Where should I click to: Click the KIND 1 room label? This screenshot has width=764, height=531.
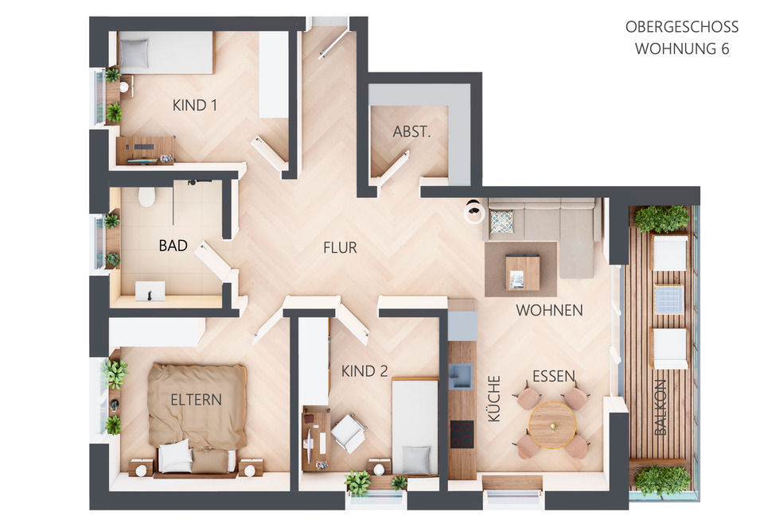pos(194,105)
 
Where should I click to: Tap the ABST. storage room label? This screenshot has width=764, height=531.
pos(411,131)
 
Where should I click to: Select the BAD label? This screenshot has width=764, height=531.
pos(173,246)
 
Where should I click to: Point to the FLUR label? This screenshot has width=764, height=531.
pos(340,248)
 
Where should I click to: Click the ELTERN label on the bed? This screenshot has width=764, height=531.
pos(196,400)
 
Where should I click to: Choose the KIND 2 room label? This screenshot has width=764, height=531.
pos(364,371)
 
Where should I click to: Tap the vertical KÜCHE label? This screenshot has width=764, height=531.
pos(493,398)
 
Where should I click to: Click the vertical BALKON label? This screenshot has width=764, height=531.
pos(660,407)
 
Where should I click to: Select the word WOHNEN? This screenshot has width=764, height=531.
pos(549,310)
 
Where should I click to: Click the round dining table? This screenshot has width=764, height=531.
pos(552,425)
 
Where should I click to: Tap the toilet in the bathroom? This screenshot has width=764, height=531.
pos(146,196)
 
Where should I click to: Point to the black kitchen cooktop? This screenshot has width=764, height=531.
pos(462,434)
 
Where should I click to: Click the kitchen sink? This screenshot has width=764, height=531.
pos(461,376)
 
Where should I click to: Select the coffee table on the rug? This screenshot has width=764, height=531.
pos(522,273)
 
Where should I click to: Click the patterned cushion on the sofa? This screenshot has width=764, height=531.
pos(501,222)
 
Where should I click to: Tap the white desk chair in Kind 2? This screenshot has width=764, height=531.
pos(349,432)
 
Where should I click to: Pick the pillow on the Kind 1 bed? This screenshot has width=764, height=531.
pos(134,53)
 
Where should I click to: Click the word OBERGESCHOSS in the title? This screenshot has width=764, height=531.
pos(682,27)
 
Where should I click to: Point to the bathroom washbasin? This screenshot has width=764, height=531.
pos(150,291)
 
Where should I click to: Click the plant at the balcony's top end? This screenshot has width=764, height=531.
pos(661,219)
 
